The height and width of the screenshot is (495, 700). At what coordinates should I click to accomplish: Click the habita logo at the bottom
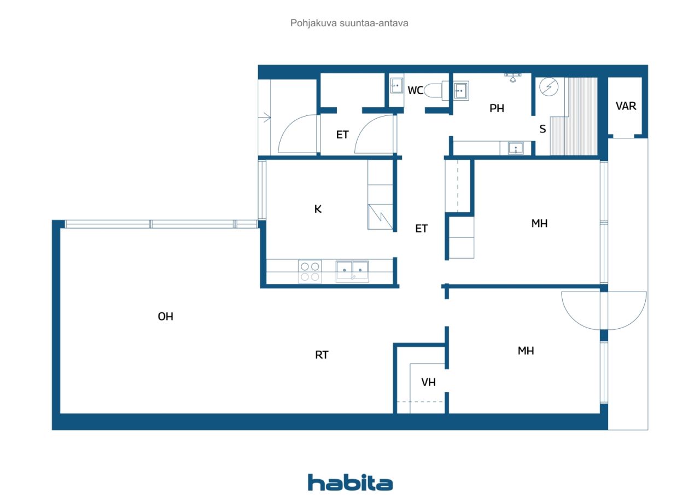350,482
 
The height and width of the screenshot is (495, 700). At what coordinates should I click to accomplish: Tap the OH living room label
166,317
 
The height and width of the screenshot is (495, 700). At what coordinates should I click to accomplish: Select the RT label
322,355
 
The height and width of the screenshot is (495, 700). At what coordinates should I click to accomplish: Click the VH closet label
429,382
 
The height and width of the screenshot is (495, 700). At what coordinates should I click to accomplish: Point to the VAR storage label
626,106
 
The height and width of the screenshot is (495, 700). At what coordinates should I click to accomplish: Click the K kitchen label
318,209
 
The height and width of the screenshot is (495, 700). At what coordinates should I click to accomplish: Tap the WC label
416,90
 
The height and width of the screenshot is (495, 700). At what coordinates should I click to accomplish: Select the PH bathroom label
497,108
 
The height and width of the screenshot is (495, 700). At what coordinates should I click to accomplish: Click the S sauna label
542,129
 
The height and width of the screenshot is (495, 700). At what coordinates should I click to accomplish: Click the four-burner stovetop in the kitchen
310,271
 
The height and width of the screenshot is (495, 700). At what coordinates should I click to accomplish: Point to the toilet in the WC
435,90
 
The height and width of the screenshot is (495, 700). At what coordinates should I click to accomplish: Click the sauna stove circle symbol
547,88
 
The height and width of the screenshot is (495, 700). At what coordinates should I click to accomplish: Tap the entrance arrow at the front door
266,117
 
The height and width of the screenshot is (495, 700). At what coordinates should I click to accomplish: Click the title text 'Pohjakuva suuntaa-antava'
349,24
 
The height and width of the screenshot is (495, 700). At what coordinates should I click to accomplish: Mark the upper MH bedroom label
539,223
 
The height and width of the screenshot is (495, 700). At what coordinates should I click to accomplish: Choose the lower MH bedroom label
526,351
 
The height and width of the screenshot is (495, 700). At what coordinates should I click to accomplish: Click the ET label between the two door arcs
342,135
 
